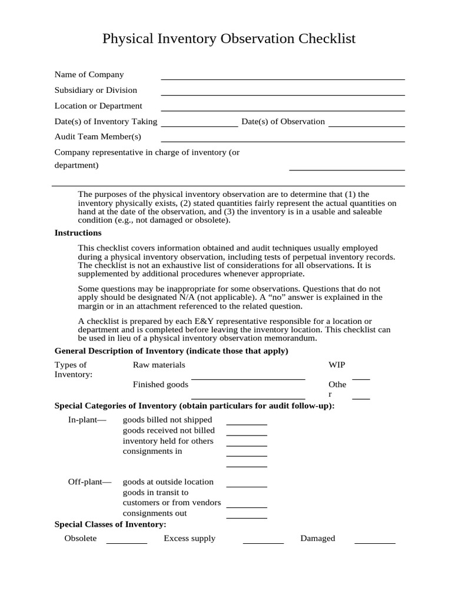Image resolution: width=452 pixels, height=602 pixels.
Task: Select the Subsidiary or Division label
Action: click(96, 91)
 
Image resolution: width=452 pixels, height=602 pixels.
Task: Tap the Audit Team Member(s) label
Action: click(98, 137)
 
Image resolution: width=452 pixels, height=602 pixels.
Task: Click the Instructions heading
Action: click(78, 233)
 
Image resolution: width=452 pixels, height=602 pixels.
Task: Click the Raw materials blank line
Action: click(248, 378)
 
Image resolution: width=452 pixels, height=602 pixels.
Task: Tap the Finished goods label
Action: click(161, 384)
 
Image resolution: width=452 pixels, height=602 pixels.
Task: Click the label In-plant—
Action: click(88, 420)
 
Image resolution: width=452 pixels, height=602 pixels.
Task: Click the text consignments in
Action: click(152, 451)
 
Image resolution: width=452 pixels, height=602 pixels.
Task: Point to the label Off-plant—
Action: click(89, 482)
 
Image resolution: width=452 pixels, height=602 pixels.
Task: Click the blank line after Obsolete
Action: click(126, 542)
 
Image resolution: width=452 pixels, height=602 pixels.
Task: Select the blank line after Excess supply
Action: click(263, 542)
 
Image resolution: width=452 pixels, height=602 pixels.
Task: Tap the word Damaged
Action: click(317, 539)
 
